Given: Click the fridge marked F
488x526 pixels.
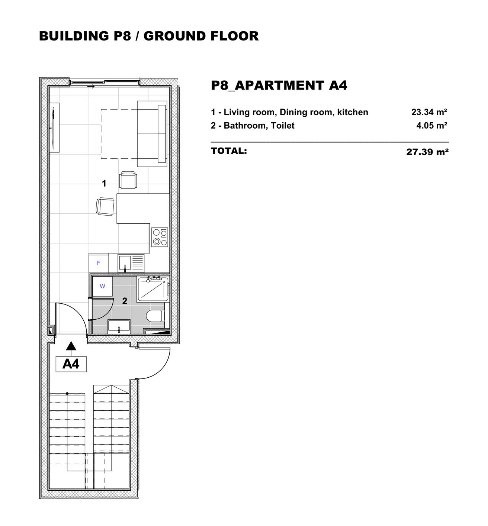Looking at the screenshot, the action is click(99, 263).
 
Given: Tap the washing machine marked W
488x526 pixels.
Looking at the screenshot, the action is click(102, 286).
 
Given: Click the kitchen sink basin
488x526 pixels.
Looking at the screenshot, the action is click(124, 263).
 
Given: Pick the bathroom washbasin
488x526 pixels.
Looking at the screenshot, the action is click(119, 326).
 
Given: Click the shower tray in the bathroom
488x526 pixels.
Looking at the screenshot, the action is click(153, 289).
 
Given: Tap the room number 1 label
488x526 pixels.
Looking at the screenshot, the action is click(104, 183).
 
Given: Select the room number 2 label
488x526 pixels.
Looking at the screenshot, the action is click(125, 301).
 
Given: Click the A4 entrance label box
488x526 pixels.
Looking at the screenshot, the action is click(71, 364).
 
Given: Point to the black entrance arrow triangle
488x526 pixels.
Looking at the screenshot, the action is click(71, 346).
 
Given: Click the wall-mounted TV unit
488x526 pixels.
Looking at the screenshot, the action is click(54, 128).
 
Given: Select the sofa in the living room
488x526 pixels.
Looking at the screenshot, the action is click(152, 134).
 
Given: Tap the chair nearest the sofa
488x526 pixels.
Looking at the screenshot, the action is click(128, 180).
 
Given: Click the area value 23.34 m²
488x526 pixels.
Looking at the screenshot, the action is click(429, 112).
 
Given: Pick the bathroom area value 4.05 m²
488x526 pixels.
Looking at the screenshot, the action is click(431, 125).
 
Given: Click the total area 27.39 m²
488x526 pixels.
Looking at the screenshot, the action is click(427, 152).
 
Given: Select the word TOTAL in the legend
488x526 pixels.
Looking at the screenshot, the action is click(229, 151).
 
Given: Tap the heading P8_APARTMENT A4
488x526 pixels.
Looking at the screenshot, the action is click(279, 85).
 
